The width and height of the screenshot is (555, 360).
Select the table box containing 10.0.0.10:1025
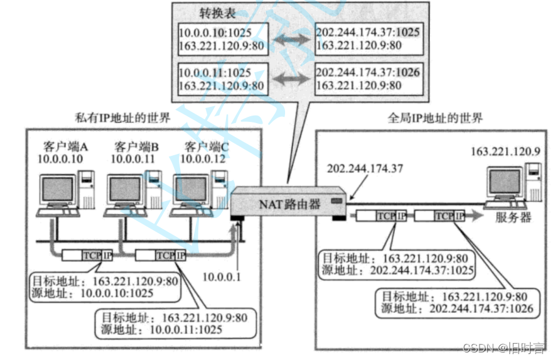(223, 40)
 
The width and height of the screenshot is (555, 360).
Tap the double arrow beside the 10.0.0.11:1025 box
(291, 79)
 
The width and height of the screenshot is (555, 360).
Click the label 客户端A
(66, 147)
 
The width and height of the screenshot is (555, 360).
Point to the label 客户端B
(136, 147)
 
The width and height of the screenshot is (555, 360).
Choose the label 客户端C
(207, 147)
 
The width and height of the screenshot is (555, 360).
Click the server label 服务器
(513, 217)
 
